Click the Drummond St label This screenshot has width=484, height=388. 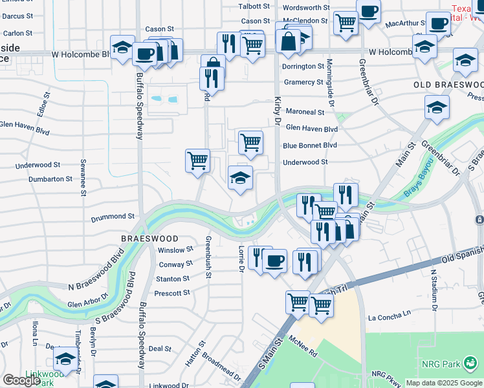113,217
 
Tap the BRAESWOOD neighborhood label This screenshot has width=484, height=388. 146,238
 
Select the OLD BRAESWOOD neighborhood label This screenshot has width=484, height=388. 449,85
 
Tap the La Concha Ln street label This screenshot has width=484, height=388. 390,318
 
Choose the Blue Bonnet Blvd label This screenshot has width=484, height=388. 310,146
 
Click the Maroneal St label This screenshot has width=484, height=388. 305,112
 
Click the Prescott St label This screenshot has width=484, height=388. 173,292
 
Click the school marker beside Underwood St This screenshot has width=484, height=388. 240,177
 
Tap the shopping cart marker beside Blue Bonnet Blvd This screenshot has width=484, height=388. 250,142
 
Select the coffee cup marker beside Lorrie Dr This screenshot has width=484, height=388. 275,261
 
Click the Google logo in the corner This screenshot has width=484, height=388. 21,380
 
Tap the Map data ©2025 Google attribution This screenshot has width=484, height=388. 444,383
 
